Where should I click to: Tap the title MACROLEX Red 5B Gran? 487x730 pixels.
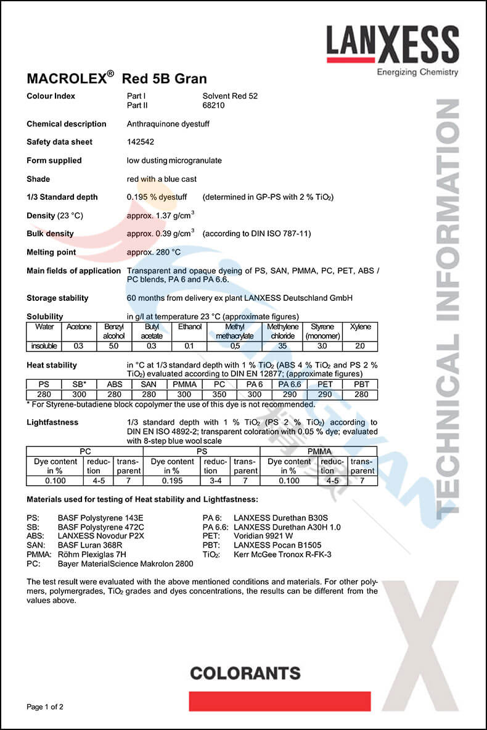tap(117, 78)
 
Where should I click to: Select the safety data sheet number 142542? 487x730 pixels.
tap(140, 142)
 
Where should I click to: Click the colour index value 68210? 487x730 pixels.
tap(213, 105)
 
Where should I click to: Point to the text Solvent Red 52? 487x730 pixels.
tap(230, 96)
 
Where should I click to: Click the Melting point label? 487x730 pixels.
tap(51, 252)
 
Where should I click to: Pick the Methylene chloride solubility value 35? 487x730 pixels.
tap(283, 346)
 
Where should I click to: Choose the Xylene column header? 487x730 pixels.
tap(360, 327)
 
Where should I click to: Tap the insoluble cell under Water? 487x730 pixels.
tap(44, 346)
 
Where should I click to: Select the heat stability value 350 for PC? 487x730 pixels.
tap(219, 395)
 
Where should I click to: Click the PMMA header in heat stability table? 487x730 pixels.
tap(185, 384)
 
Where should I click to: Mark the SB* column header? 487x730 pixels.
tap(80, 384)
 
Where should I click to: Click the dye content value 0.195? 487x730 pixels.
tap(172, 480)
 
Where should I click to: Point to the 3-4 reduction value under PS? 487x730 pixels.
tap(215, 480)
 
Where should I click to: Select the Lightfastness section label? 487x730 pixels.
tap(52, 422)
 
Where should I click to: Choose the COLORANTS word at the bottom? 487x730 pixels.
tap(245, 673)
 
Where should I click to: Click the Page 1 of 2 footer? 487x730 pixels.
tap(45, 707)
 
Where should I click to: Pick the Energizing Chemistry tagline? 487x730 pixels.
tap(417, 72)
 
